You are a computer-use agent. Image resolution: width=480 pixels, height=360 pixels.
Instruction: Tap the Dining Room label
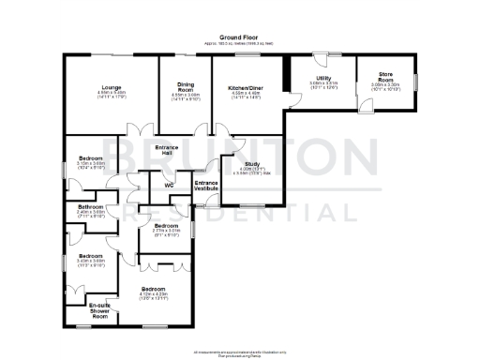[185, 86]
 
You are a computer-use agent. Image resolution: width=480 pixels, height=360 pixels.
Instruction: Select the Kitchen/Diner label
[244, 87]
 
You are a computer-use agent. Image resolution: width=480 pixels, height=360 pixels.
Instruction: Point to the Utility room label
[322, 78]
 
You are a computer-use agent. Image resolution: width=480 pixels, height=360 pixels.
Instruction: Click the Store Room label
[385, 75]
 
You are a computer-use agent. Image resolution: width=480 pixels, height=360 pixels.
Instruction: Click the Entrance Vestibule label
[205, 186]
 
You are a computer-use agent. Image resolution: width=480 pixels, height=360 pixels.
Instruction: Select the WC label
[170, 186]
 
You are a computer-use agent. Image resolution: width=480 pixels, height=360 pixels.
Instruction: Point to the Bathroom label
[91, 206]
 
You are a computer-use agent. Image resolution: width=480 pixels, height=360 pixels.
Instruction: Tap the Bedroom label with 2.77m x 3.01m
[166, 226]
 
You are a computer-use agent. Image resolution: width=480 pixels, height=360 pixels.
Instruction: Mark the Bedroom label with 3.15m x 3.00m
[90, 158]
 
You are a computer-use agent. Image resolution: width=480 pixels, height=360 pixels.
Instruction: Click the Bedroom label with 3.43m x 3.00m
[90, 256]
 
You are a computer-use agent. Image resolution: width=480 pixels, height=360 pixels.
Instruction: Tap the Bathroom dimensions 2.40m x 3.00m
[91, 214]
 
